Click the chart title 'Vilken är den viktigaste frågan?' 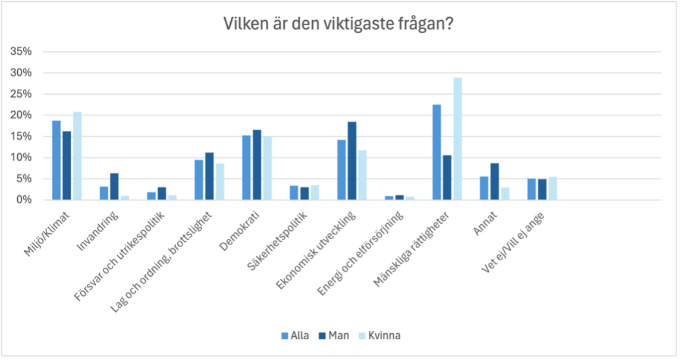pos(338,24)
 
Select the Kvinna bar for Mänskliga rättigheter pos(457,139)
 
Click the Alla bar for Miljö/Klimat pos(57,160)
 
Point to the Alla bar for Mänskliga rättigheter pos(437,152)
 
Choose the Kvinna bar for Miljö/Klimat pos(77,156)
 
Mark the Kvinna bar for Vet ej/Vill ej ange pos(553,188)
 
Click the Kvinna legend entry pos(379,336)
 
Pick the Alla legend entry pos(295,336)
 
